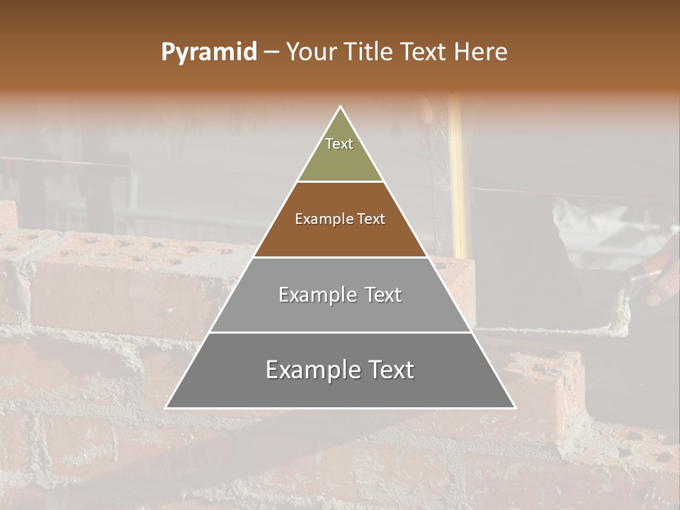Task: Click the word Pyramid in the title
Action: point(209,52)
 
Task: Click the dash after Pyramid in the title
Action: point(271,52)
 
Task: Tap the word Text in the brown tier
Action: point(371,219)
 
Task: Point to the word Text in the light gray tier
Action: point(383,295)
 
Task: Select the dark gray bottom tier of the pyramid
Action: point(340,390)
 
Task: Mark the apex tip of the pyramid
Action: point(340,107)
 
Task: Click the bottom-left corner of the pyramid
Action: point(166,407)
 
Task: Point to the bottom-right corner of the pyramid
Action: point(514,407)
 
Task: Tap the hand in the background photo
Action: point(664,273)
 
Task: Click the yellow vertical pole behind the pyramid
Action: point(457,177)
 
